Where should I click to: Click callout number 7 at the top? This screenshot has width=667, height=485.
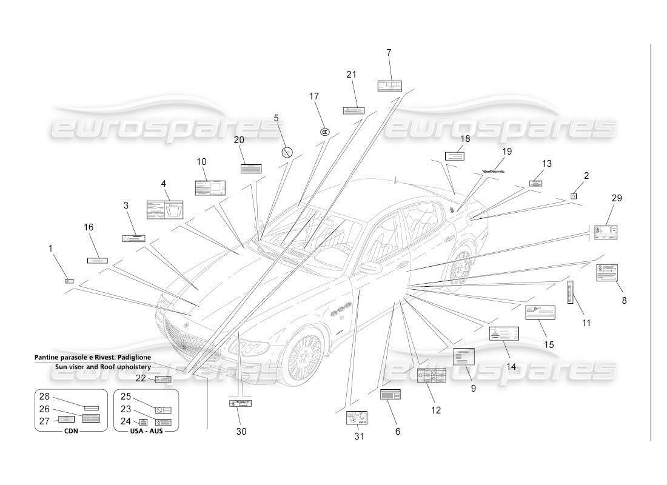click(x=389, y=53)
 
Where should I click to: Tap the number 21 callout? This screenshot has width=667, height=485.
click(x=351, y=75)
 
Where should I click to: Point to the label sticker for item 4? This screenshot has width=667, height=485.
click(x=165, y=210)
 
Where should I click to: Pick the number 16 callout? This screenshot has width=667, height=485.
click(x=89, y=227)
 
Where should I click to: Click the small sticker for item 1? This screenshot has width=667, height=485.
click(x=70, y=281)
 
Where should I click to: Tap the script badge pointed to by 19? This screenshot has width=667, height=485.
click(x=494, y=172)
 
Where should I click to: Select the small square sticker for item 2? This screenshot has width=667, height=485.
click(x=574, y=196)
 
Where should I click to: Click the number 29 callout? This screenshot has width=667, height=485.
click(x=617, y=198)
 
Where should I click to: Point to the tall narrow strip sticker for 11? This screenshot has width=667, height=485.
click(x=570, y=292)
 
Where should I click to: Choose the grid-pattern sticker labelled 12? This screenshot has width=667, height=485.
click(x=432, y=376)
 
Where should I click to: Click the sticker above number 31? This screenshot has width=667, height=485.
click(x=357, y=418)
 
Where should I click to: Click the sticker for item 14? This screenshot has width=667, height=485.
click(x=504, y=334)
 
